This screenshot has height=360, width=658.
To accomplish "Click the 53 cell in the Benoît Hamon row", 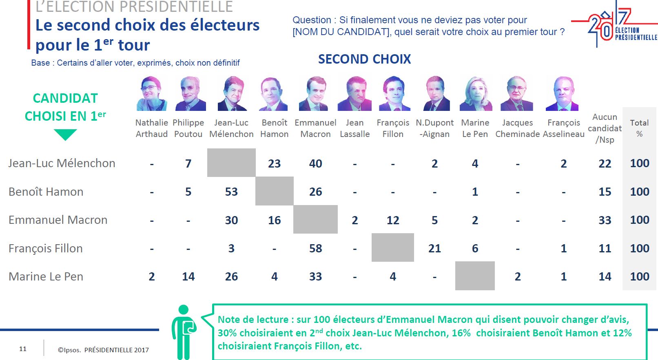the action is (x=231, y=192).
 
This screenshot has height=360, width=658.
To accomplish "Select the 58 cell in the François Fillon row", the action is (x=315, y=248).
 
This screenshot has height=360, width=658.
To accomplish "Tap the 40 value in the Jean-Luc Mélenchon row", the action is (x=315, y=163).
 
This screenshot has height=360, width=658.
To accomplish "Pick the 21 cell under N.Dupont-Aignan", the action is (x=434, y=248).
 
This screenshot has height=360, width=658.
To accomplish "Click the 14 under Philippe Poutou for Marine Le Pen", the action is (x=188, y=276).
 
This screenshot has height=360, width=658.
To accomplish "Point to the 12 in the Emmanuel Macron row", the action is (x=393, y=220).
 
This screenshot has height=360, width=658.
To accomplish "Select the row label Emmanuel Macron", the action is (x=58, y=220).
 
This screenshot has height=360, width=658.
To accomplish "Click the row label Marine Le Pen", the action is (x=46, y=276).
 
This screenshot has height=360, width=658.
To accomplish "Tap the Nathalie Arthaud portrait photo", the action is (x=152, y=93).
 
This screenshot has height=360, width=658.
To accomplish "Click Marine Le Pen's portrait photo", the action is (x=476, y=93).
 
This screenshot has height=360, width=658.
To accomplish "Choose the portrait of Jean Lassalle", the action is (x=354, y=93).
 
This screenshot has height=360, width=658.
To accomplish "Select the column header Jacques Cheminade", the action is (x=518, y=128).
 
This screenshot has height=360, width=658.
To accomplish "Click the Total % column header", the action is (x=639, y=128).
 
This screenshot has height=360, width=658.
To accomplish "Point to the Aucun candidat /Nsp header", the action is (x=605, y=128).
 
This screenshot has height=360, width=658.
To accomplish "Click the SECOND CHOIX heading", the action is (x=365, y=59).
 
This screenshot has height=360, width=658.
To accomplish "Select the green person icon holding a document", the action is (x=184, y=332).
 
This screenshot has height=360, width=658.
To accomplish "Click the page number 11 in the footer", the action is (x=22, y=349).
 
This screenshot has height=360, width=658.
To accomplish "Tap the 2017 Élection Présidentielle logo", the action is (x=614, y=24).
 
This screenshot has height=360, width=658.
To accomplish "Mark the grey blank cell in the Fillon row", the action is (x=393, y=247).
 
